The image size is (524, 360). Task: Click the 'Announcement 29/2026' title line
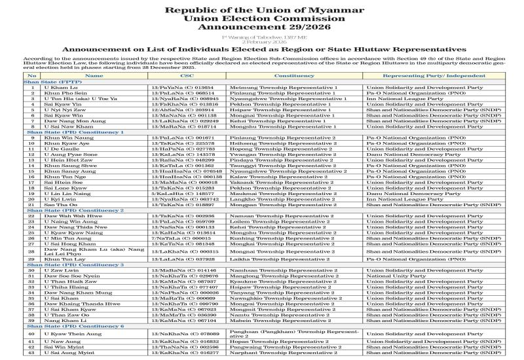261,28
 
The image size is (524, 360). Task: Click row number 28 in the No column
31,251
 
